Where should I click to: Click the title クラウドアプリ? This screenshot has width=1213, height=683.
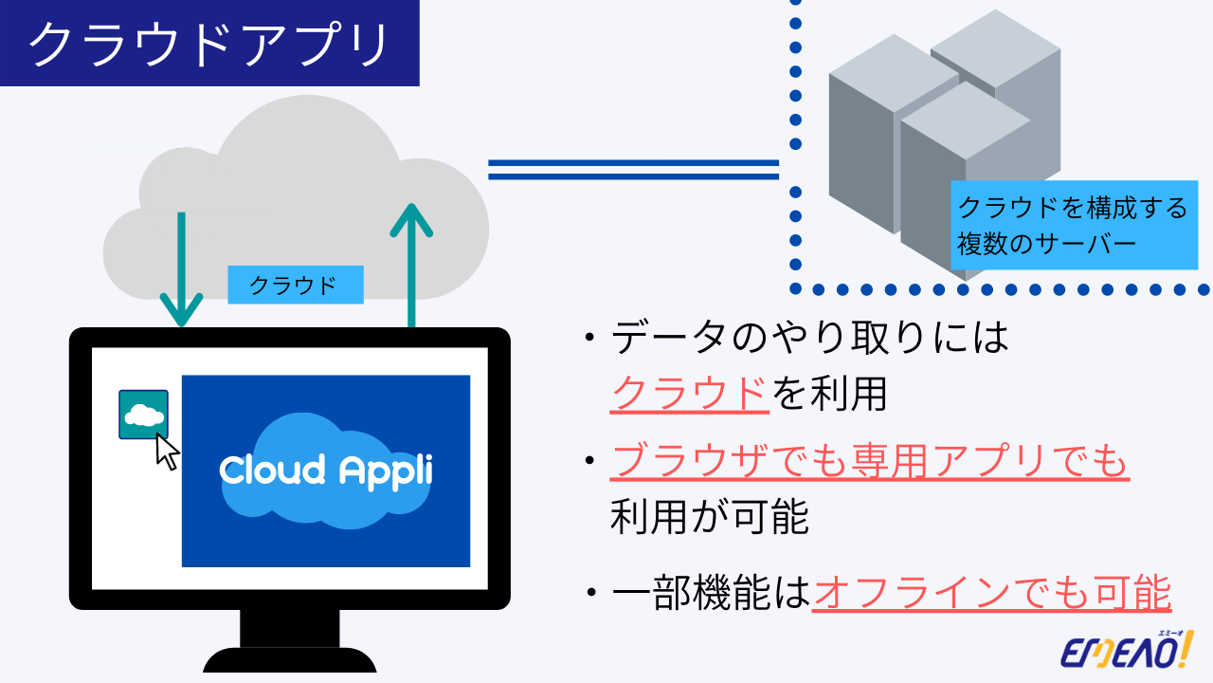coord(208,44)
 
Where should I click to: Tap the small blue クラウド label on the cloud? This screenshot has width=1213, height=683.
coord(295,285)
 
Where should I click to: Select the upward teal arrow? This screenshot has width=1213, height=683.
coord(411,266)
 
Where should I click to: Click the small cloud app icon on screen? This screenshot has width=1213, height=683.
coord(143,415)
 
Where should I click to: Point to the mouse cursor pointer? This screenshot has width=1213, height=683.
coord(167,452)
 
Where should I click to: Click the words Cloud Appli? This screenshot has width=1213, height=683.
coord(325,470)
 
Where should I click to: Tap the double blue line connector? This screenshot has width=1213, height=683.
coord(632,170)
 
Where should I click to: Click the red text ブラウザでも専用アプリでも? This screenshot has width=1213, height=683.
coord(870,462)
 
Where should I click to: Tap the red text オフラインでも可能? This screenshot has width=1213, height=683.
coord(992,595)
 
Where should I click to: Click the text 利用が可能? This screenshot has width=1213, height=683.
coord(710,518)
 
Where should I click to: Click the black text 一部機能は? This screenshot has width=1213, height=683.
coord(712,595)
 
